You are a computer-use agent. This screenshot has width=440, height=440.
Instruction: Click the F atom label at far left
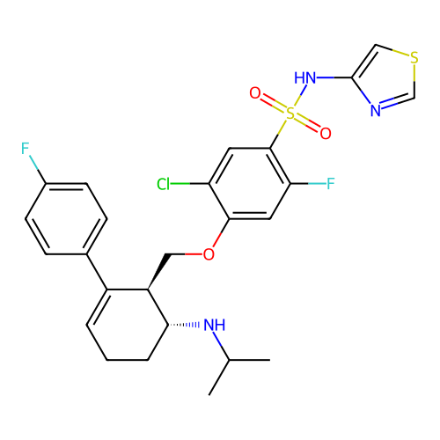tap(26, 149)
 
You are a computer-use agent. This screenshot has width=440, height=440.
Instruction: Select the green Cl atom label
tap(163, 184)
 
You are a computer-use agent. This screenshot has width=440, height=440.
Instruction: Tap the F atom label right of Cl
tap(331, 184)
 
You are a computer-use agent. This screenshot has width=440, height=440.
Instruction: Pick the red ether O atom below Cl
tap(209, 255)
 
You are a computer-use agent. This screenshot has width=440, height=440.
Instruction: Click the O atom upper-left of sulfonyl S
tap(255, 93)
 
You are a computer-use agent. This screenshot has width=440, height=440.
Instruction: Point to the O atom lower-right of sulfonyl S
tap(326, 134)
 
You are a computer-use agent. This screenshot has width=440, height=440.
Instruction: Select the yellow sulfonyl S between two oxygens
tap(290, 114)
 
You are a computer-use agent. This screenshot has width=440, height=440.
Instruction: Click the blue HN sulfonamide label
tap(305, 78)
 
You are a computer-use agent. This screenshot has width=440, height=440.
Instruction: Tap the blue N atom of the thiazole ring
tap(375, 112)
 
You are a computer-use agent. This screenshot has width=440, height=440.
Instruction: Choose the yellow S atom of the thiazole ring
tap(414, 58)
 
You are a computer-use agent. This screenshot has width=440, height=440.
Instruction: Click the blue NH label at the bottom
tap(215, 325)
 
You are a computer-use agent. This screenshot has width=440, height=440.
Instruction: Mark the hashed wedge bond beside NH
tap(194, 325)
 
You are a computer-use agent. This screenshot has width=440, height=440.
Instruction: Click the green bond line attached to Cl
tap(180, 184)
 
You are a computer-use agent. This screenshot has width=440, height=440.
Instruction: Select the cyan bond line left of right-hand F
tap(317, 184)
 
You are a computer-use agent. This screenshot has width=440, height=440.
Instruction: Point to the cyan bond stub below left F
tap(33, 162)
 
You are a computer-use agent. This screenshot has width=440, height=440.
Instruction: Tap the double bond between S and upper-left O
tap(273, 103)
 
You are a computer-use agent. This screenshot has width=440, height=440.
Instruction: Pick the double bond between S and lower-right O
tap(308, 124)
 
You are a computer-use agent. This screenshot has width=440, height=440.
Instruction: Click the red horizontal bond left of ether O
tap(194, 253)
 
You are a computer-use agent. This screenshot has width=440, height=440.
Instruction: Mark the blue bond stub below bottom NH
tap(217, 339)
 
